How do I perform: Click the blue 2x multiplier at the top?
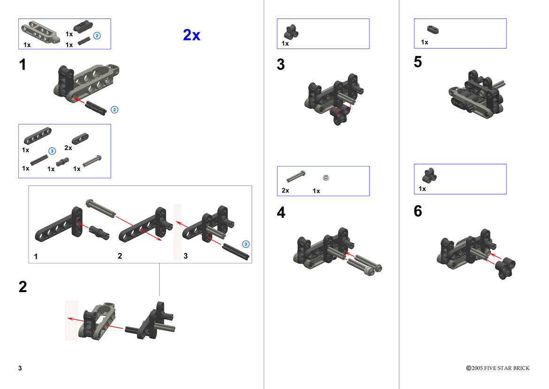point(192,35)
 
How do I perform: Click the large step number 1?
point(23,64)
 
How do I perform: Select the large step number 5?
point(418,62)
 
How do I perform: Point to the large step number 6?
point(418,211)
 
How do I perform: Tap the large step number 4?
point(281,213)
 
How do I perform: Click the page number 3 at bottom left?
point(20,368)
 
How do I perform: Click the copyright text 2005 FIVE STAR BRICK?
point(497,368)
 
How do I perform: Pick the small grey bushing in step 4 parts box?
point(326,177)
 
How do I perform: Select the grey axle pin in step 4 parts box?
point(296,176)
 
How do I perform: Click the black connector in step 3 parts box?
point(291,32)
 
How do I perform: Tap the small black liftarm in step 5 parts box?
point(433,30)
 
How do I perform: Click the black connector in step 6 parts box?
point(429,176)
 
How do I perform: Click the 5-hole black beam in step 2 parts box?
point(38,136)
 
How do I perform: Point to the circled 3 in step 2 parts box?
point(52,151)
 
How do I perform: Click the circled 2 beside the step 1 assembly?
point(115,110)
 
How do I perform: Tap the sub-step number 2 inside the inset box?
point(120,256)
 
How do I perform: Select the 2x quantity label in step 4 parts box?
point(286,191)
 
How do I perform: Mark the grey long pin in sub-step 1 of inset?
point(101,208)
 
